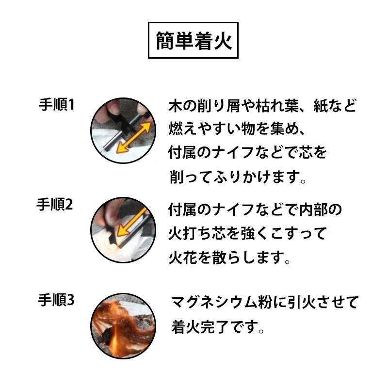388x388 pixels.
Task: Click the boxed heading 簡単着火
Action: (x=194, y=41)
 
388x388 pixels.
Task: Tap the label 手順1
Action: (x=56, y=105)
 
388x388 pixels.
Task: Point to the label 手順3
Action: (x=56, y=300)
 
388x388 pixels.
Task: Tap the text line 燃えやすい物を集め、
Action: (x=236, y=129)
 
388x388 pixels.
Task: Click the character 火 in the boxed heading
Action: (x=221, y=41)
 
